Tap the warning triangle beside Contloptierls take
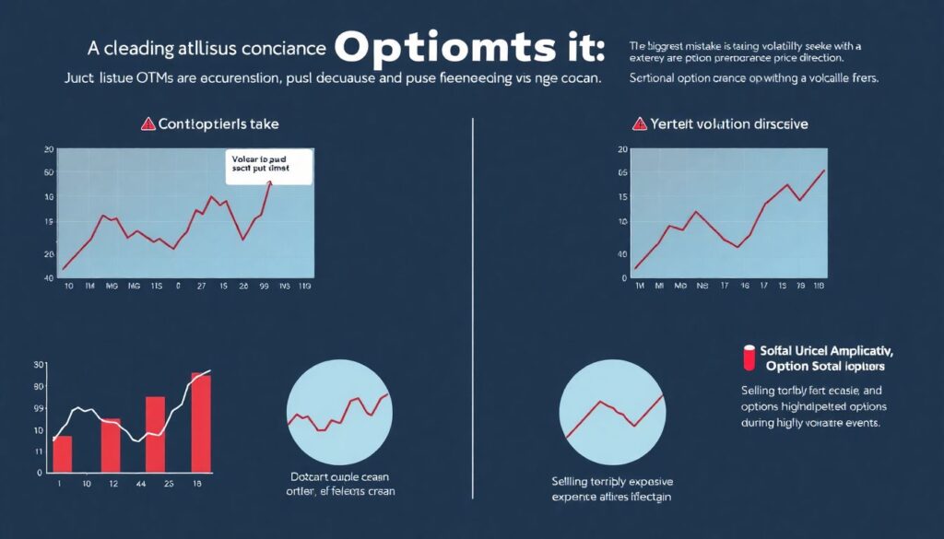(x=147, y=124)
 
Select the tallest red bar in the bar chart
(x=200, y=423)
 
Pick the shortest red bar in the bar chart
(x=62, y=454)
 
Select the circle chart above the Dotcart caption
(x=338, y=412)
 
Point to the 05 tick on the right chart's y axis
(x=623, y=172)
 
